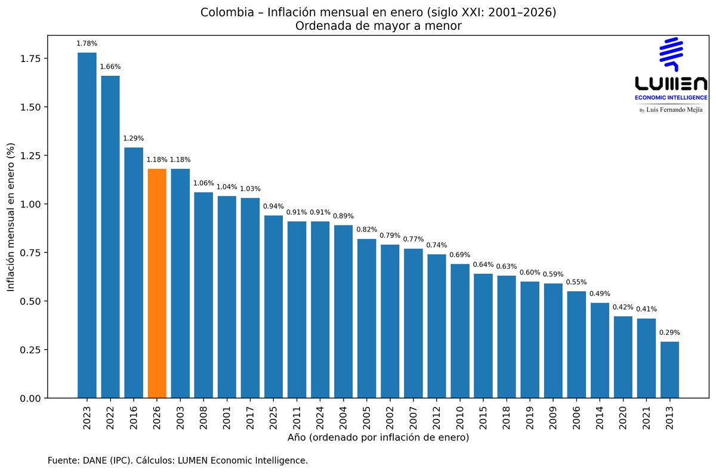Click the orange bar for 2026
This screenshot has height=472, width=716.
pos(157,283)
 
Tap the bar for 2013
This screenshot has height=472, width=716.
pos(669,369)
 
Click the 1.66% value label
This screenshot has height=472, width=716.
pos(110,66)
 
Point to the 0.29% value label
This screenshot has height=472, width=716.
pos(669,332)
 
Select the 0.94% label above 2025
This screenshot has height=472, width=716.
pos(273,206)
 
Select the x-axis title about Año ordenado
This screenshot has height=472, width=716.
pos(378,438)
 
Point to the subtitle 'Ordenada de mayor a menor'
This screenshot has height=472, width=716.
pos(378,25)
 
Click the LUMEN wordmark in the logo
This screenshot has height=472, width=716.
pos(671,83)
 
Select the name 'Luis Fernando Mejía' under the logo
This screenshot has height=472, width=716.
pos(674,110)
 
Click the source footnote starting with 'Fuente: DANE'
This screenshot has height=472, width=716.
pos(178,461)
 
